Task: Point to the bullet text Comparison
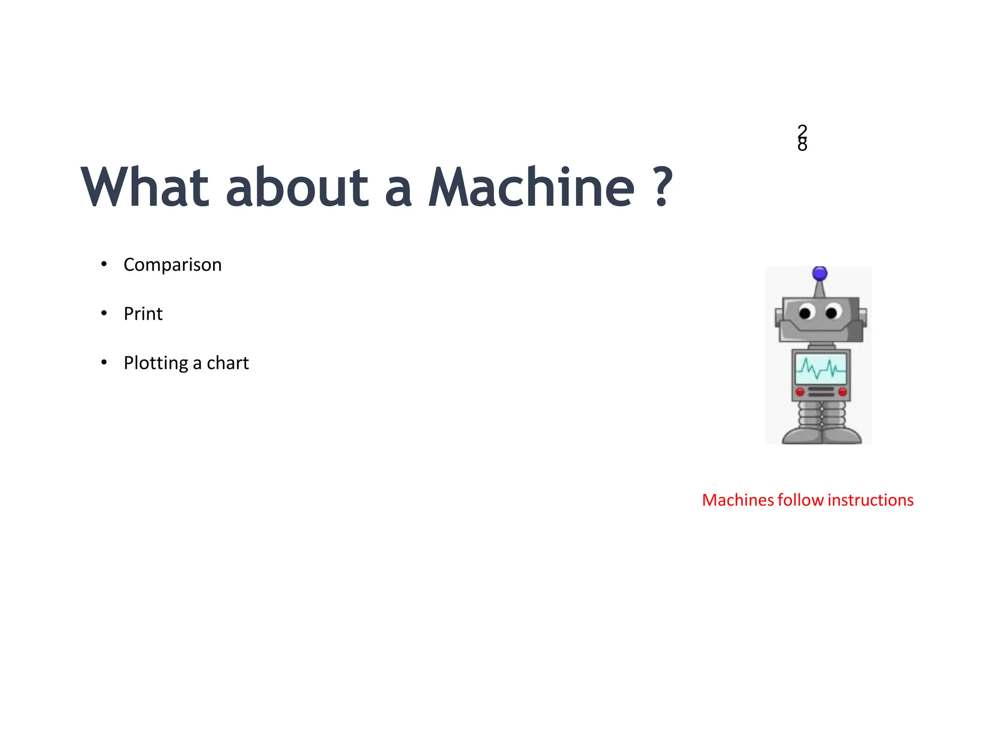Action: [x=172, y=265]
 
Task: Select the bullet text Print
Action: [x=143, y=314]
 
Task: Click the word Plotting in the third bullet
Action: [x=156, y=363]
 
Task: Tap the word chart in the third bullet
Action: [x=228, y=363]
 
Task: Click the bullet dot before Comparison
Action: [x=104, y=264]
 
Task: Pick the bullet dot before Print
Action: [x=104, y=313]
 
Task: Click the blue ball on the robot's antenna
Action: [x=820, y=274]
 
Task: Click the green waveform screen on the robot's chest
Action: [x=821, y=368]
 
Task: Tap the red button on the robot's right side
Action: [x=842, y=392]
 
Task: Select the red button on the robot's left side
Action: [x=800, y=392]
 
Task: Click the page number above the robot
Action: [x=802, y=138]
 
